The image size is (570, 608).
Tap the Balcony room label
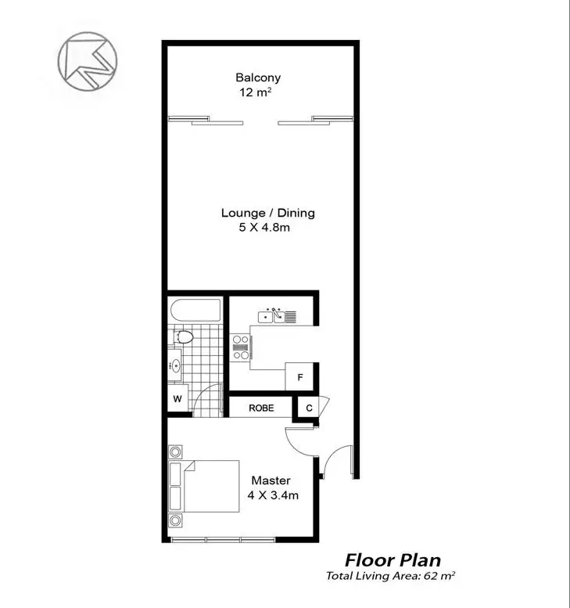click(258, 77)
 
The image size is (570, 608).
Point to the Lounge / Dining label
click(267, 213)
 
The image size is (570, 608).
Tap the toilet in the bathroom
click(184, 338)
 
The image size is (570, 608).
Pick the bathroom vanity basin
click(177, 365)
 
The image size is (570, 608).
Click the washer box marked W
click(177, 399)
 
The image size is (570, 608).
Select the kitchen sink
click(274, 316)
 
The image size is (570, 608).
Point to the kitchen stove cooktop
click(240, 347)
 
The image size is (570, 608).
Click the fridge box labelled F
click(300, 377)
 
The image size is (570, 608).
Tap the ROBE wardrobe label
click(260, 408)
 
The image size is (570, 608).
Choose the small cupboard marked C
click(308, 408)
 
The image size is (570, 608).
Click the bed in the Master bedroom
click(205, 486)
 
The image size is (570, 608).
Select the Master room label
click(271, 480)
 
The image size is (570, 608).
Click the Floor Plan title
click(393, 560)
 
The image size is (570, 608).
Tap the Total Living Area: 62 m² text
click(391, 576)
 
